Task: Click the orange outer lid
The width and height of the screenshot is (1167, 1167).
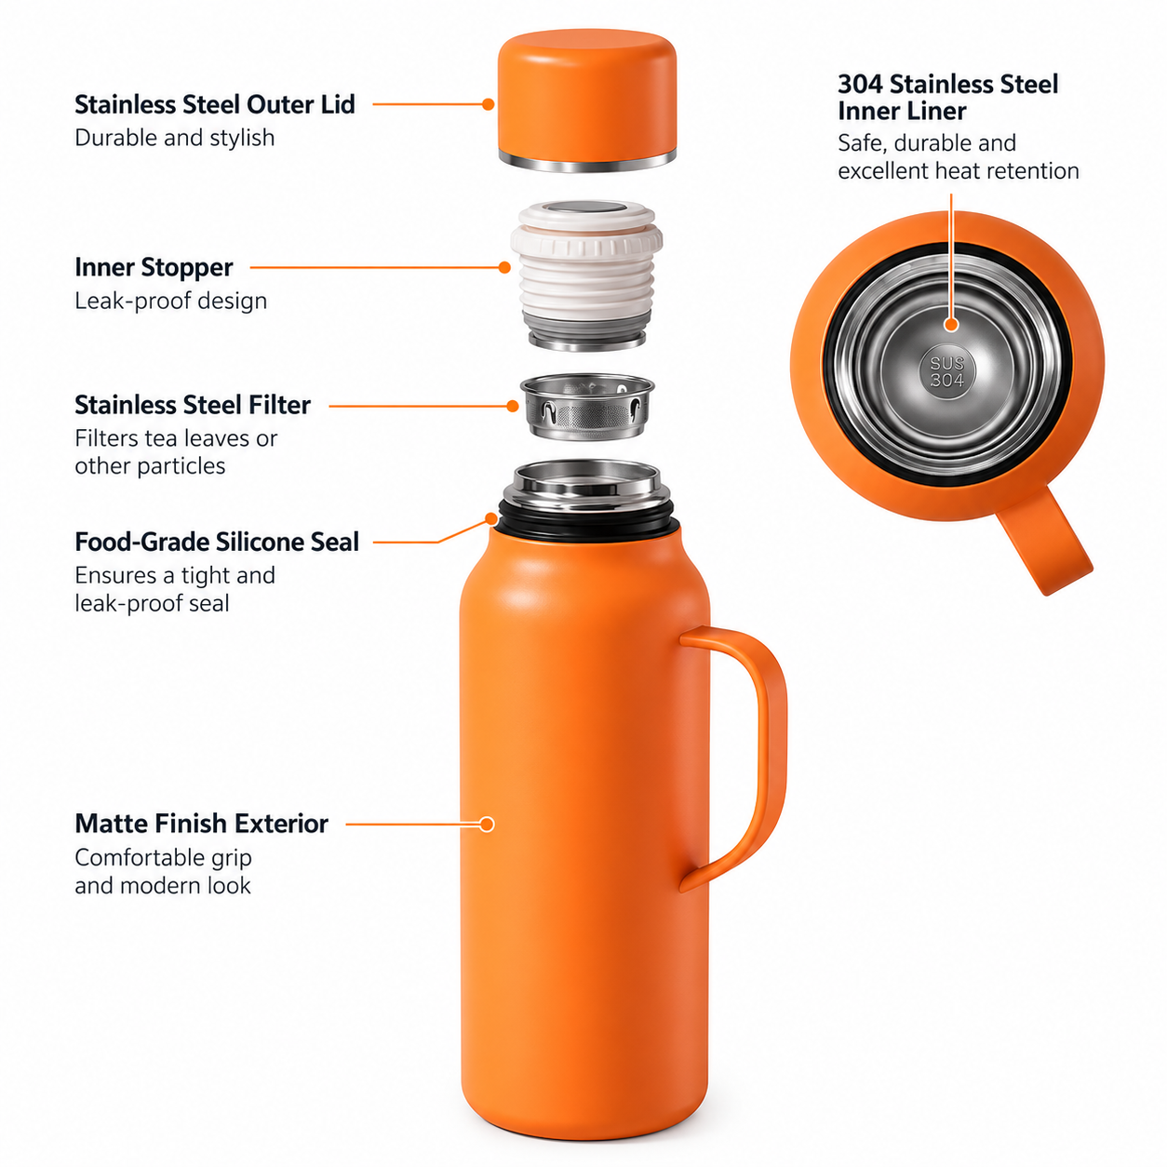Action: tap(586, 97)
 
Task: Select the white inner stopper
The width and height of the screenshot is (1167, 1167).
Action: tap(586, 275)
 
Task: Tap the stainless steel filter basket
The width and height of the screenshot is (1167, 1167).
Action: tap(587, 406)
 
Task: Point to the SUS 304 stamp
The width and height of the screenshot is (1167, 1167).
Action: tap(946, 371)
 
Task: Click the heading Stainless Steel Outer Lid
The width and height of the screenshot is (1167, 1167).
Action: tap(214, 105)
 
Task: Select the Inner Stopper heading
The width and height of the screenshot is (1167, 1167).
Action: tap(154, 268)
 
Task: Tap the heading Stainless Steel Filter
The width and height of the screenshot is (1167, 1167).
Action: tap(193, 405)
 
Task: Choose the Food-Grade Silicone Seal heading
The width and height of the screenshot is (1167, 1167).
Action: tap(217, 542)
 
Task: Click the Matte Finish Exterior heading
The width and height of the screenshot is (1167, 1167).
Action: tap(201, 824)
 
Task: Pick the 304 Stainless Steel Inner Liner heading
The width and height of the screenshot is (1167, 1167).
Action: tap(947, 98)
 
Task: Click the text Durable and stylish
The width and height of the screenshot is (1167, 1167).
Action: tap(174, 138)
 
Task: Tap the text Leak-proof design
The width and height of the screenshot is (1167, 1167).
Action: tap(171, 301)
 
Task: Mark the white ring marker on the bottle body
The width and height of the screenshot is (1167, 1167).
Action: tap(487, 825)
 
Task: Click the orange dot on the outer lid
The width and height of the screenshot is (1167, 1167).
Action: tap(489, 104)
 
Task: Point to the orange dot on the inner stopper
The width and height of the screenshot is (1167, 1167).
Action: tap(503, 267)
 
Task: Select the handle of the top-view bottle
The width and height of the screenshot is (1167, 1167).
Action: tap(1040, 540)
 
